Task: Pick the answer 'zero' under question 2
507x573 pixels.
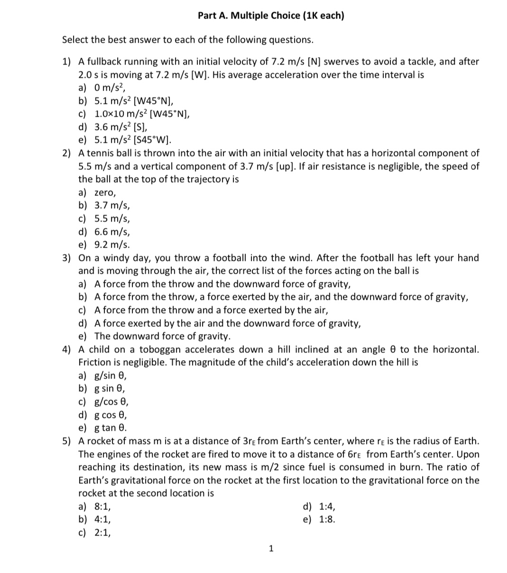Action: coord(105,193)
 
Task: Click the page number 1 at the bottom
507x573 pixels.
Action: coord(271,549)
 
